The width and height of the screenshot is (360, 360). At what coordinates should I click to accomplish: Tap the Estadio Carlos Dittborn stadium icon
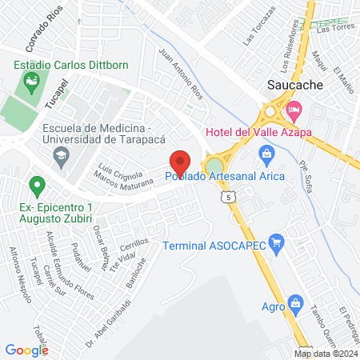coord(31,80)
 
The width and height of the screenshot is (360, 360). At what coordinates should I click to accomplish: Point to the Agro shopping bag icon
coord(295,303)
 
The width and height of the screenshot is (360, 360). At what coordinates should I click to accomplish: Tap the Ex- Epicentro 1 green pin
coord(36,187)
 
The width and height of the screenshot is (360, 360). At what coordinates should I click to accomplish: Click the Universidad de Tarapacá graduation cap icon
coord(60,158)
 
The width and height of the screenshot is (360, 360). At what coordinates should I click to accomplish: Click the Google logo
coord(26,350)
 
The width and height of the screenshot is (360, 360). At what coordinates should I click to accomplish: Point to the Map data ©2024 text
coord(326,354)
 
